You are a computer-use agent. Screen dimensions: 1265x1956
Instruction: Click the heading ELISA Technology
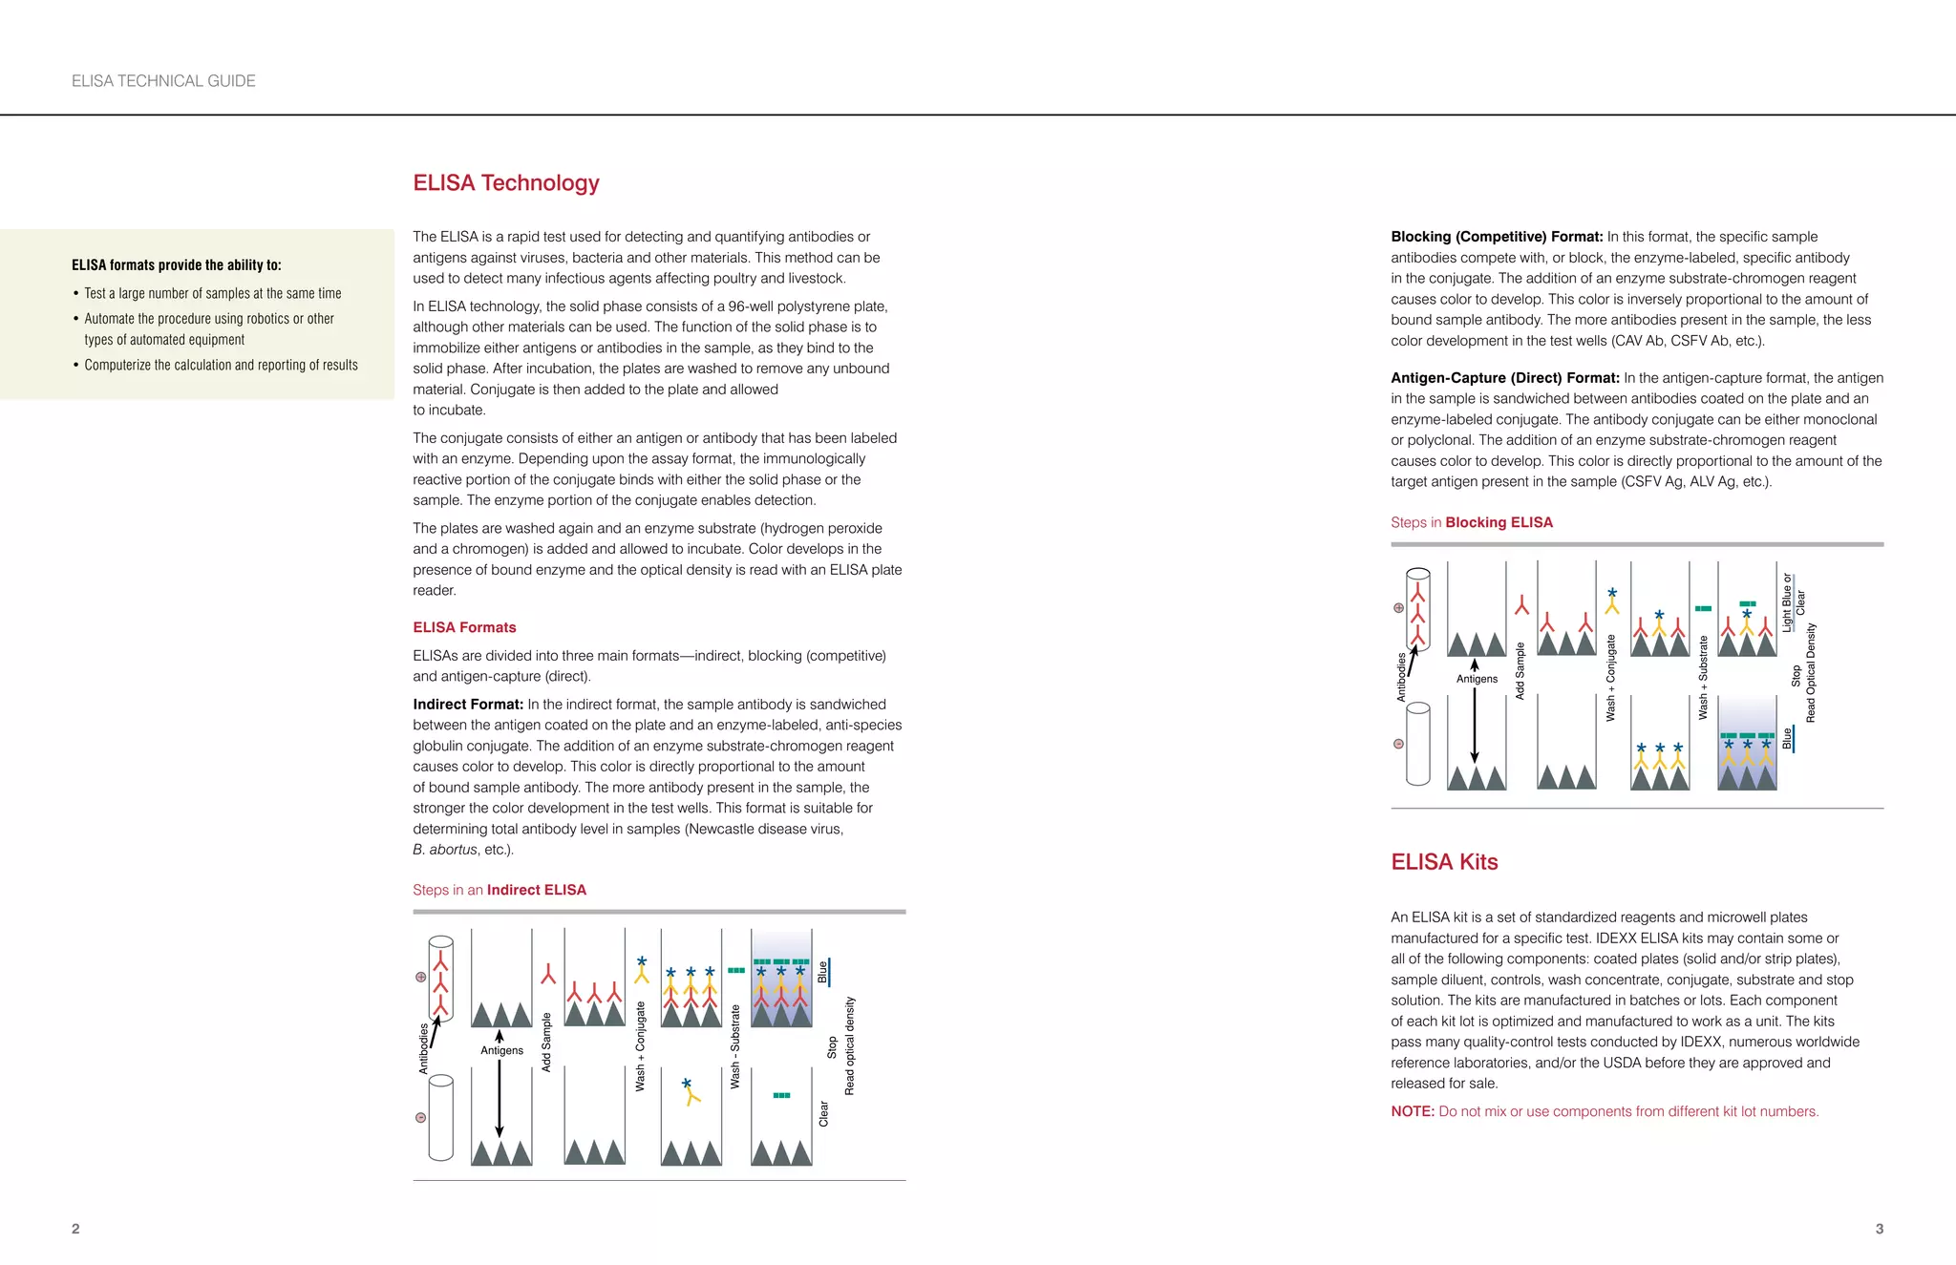(505, 182)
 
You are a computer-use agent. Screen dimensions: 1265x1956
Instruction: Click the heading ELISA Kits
(1443, 861)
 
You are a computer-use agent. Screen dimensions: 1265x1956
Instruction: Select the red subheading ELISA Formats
(464, 627)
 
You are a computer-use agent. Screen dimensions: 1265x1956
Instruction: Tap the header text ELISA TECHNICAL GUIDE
(163, 81)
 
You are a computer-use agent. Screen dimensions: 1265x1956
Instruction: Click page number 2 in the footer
(75, 1229)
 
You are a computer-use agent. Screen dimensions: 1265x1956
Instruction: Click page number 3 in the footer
(1879, 1229)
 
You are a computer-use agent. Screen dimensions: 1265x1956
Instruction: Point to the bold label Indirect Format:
(468, 705)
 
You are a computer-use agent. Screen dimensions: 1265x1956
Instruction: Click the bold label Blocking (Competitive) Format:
(1497, 237)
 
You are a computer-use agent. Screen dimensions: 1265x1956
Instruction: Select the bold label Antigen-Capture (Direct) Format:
(1504, 378)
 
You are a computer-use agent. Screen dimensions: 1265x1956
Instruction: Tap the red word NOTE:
(1412, 1111)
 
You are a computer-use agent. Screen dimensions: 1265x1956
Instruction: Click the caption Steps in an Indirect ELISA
(500, 890)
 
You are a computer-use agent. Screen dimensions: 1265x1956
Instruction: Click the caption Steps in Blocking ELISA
(1471, 522)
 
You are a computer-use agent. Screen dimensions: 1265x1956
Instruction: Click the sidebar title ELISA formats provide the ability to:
(177, 265)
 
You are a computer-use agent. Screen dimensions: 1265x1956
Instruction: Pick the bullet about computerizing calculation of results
(221, 365)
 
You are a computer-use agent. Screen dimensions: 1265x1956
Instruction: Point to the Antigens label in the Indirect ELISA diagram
(501, 1050)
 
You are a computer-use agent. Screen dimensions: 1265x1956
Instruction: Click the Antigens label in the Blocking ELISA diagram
(1477, 679)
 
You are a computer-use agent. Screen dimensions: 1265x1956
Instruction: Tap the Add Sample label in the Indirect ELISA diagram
(546, 1043)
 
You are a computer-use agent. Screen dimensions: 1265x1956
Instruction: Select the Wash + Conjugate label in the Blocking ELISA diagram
(1610, 677)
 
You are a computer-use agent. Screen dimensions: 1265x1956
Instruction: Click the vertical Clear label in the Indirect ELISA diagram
(823, 1113)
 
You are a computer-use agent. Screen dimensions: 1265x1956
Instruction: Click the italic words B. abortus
(444, 850)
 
